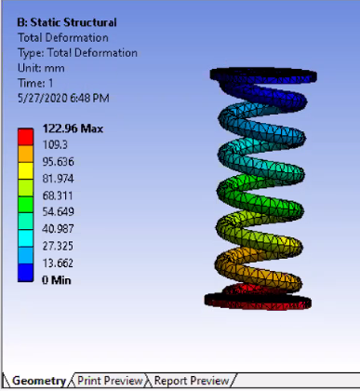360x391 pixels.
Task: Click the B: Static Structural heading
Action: click(67, 22)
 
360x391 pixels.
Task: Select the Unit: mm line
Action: click(41, 68)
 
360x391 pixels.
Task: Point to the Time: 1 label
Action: click(35, 83)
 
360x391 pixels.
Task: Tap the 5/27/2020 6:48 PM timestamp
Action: click(63, 99)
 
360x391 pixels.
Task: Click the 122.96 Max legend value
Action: click(73, 128)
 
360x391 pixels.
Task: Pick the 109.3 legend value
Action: click(55, 145)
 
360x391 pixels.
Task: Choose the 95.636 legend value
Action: click(59, 162)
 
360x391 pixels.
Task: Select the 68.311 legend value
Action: click(58, 195)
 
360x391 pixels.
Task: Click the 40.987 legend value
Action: click(58, 229)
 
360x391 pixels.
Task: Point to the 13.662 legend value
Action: click(58, 263)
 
